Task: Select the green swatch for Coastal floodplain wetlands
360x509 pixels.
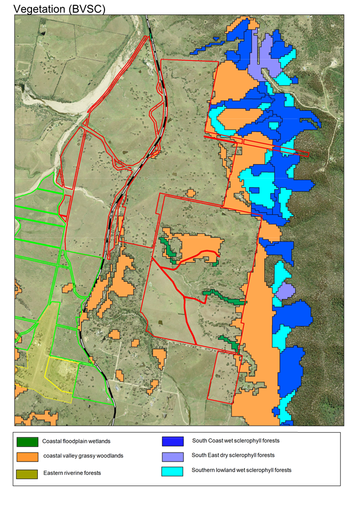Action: tap(27, 442)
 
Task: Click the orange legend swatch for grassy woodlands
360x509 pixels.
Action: tap(27, 457)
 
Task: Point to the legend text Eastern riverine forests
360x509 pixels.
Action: tap(72, 473)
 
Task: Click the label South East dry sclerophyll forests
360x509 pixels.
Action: tap(233, 455)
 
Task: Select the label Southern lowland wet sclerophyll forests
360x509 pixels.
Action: tap(242, 470)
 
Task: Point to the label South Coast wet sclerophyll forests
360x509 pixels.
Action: tap(236, 441)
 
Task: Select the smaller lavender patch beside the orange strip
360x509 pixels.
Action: tap(285, 291)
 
